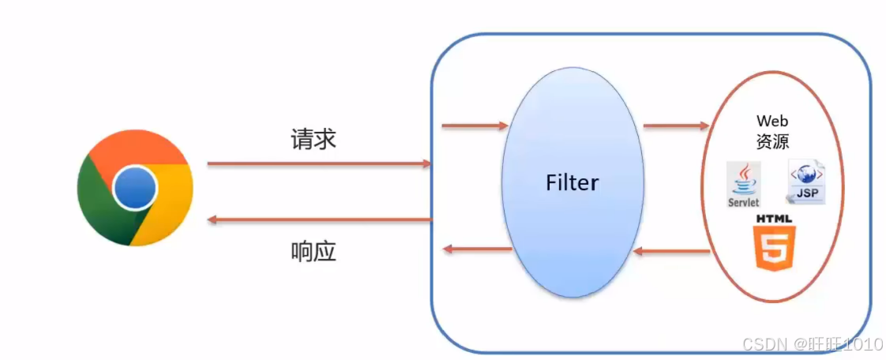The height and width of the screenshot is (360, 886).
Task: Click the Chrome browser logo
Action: click(x=135, y=188)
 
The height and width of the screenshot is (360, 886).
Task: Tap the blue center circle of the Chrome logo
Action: click(x=135, y=188)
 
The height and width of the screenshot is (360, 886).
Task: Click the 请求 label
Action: click(x=313, y=140)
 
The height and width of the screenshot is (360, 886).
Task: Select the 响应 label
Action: click(x=313, y=252)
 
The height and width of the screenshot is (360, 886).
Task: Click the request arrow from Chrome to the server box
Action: click(x=319, y=163)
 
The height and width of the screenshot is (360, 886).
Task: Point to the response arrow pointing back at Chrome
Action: click(x=319, y=219)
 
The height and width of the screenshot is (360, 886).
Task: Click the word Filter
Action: click(x=572, y=183)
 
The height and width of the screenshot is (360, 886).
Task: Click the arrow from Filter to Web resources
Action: click(x=676, y=125)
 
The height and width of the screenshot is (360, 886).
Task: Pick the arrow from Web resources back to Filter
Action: click(x=672, y=252)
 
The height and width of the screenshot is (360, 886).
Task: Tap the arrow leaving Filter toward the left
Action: click(x=477, y=249)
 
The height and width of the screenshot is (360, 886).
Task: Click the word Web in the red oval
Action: click(x=772, y=121)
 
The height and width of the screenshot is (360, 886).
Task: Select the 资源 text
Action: click(x=772, y=141)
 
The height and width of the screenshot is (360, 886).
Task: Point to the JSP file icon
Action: click(x=806, y=182)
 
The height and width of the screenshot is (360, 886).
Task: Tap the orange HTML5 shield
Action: click(x=774, y=248)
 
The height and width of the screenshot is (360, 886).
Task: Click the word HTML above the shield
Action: click(x=774, y=218)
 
